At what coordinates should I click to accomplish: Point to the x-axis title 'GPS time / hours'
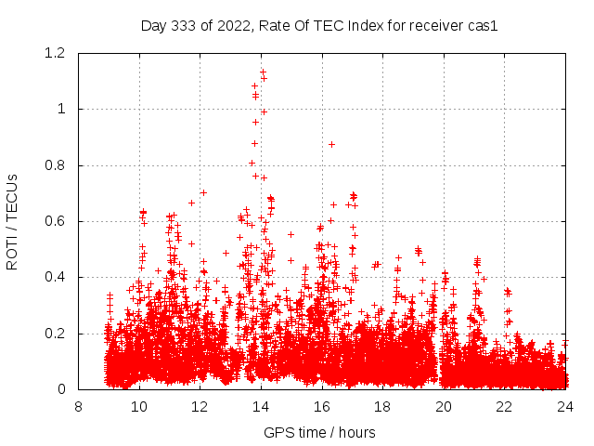point(319,432)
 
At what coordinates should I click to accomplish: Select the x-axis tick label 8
point(78,407)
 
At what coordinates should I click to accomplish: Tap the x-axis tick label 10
point(139,407)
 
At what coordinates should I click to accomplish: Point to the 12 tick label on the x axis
point(200,407)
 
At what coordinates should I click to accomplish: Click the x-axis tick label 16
point(321,407)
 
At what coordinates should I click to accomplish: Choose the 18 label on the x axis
point(382,407)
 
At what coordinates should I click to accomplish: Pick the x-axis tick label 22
point(504,407)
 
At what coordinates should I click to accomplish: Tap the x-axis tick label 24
point(565,407)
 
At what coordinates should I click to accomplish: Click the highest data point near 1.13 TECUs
point(263,72)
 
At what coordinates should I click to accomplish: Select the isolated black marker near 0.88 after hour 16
point(331,144)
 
